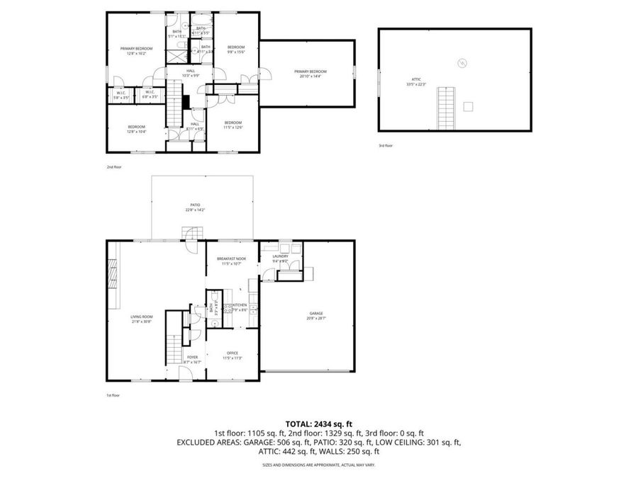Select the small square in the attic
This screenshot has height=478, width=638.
(468, 106)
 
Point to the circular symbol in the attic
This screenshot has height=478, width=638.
(462, 62)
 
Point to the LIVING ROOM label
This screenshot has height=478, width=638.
(142, 319)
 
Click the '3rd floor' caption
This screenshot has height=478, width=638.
(386, 145)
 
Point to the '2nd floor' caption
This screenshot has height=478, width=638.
(113, 166)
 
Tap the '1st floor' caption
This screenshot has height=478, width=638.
(113, 395)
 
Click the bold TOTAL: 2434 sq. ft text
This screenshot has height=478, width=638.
(318, 423)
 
